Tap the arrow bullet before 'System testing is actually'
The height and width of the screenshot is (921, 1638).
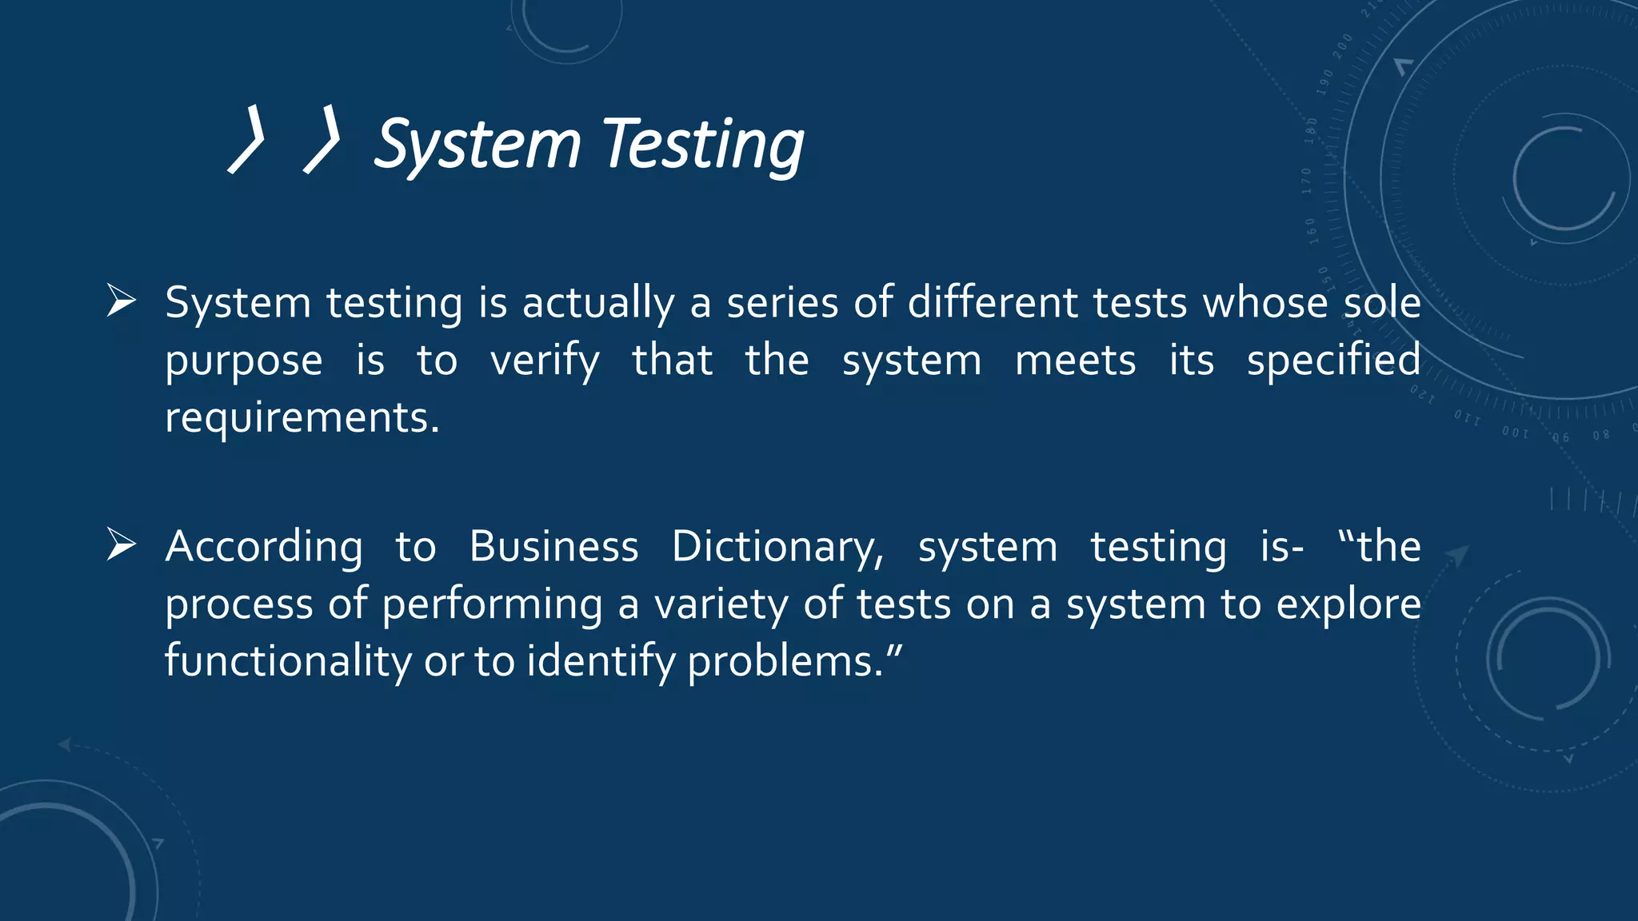121,301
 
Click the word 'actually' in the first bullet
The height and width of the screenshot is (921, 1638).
598,304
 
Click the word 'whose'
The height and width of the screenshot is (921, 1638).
1265,304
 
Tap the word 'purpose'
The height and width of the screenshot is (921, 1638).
244,361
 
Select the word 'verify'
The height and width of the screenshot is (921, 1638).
544,361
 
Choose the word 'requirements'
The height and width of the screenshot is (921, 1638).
298,417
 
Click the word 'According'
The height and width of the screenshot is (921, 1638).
264,548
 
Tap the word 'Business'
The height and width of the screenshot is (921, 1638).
553,547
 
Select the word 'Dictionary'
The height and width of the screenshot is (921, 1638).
776,548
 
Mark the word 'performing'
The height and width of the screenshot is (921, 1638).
492,605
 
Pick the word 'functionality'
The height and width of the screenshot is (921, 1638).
288,662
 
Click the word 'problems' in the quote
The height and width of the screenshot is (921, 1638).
782,662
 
